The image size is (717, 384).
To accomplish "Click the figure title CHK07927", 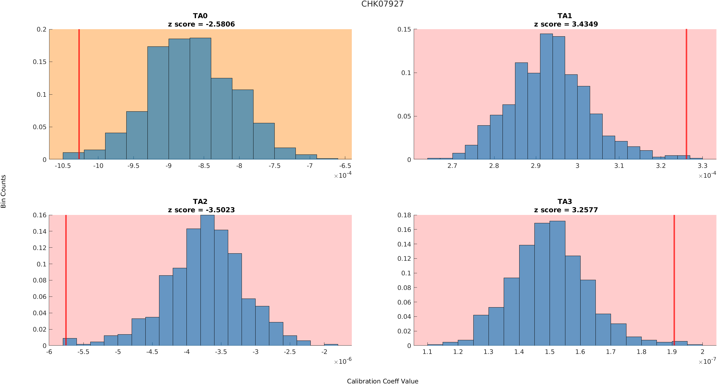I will pyautogui.click(x=382, y=4).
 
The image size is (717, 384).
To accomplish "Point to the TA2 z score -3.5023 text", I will pyautogui.click(x=201, y=210).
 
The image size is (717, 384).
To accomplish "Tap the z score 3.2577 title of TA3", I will pyautogui.click(x=566, y=210).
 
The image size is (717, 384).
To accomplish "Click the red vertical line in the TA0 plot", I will pyautogui.click(x=79, y=89).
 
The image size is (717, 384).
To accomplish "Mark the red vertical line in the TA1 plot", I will pyautogui.click(x=686, y=89).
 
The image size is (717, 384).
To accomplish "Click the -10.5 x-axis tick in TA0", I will pyautogui.click(x=63, y=166).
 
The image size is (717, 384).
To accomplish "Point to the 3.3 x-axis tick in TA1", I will pyautogui.click(x=702, y=166).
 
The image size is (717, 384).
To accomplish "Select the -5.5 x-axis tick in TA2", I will pyautogui.click(x=83, y=352).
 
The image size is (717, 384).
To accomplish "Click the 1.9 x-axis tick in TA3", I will pyautogui.click(x=672, y=352).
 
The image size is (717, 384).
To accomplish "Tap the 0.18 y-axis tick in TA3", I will pyautogui.click(x=405, y=215).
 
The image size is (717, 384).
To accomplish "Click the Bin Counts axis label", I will pyautogui.click(x=3, y=191).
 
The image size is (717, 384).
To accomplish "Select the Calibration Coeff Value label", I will pyautogui.click(x=382, y=381).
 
